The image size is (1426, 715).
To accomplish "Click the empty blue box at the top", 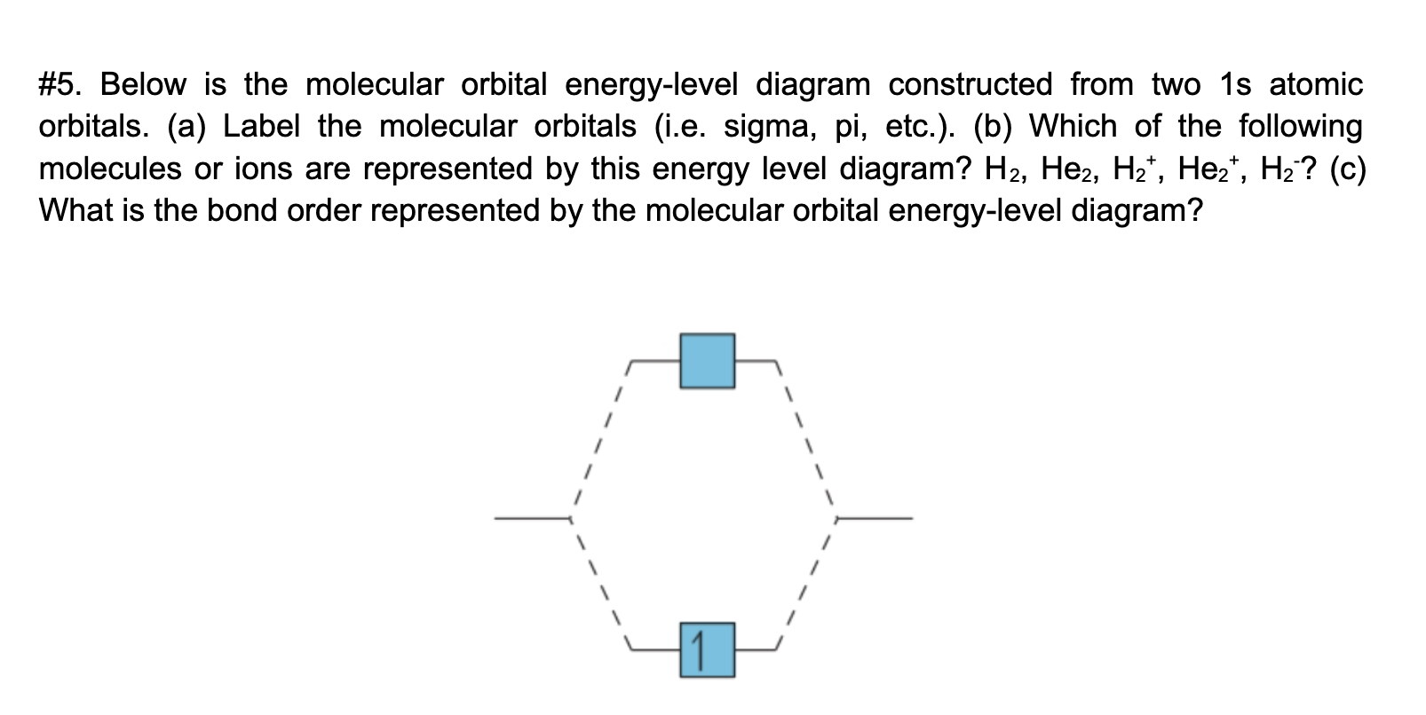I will [707, 361].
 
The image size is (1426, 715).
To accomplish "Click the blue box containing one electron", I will [707, 650].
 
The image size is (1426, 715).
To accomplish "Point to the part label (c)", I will [1347, 169].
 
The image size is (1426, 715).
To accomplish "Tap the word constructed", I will [970, 85].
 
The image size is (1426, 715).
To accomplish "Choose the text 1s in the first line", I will [1236, 85].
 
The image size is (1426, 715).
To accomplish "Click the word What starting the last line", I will [75, 211].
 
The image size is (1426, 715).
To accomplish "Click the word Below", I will [143, 85].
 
